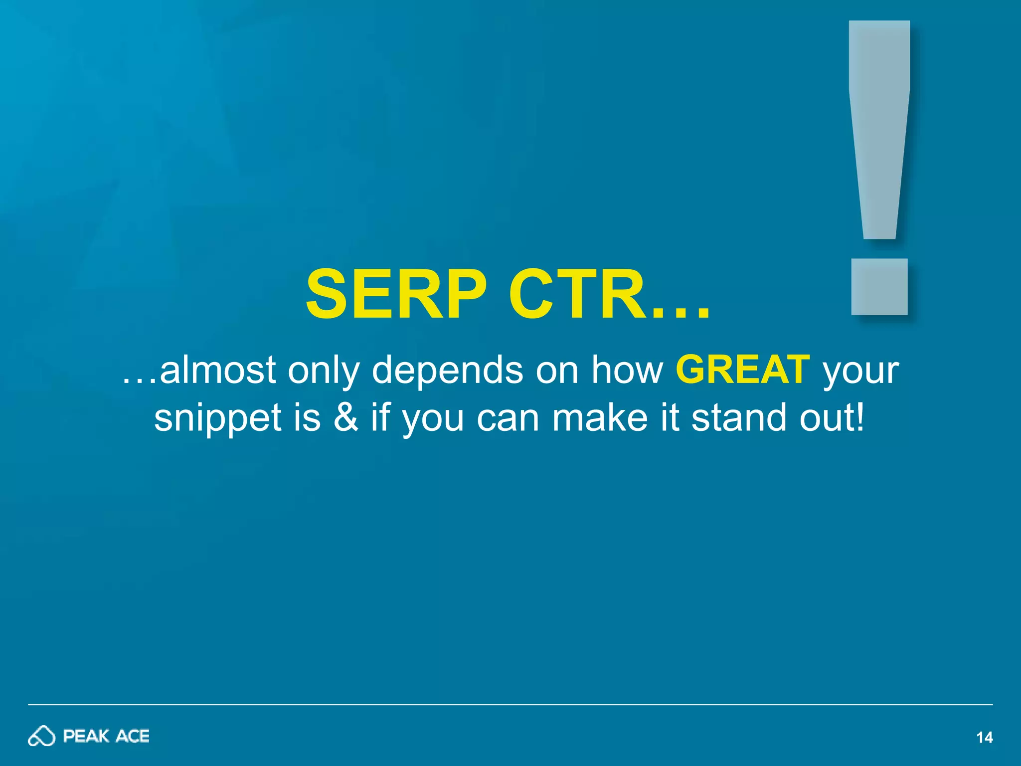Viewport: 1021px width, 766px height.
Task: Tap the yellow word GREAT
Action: point(742,370)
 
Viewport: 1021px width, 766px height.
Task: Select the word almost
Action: point(217,370)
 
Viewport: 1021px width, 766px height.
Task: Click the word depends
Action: point(447,370)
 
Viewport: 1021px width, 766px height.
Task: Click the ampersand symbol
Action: point(345,417)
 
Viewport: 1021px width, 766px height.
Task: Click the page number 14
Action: point(984,738)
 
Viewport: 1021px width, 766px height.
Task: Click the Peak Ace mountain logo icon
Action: point(41,736)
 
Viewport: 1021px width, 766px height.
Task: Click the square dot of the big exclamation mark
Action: point(879,287)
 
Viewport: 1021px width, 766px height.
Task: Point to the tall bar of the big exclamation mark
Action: point(879,125)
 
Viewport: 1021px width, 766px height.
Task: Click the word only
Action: point(323,370)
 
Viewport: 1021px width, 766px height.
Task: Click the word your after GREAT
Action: point(861,370)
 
